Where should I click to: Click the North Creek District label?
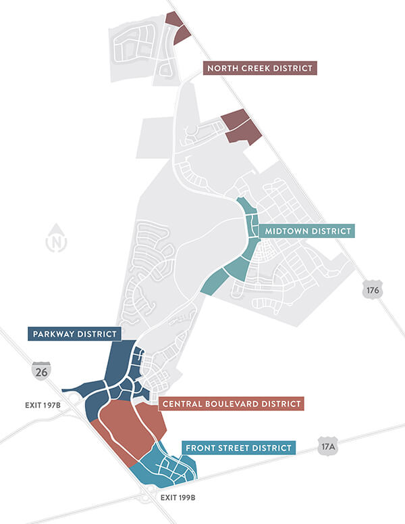click(x=260, y=68)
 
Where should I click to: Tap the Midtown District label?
click(x=307, y=231)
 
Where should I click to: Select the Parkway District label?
click(x=75, y=333)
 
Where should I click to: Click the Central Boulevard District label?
click(x=231, y=404)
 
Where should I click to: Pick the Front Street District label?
click(x=239, y=448)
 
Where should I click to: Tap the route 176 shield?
click(x=372, y=289)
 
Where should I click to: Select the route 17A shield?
click(x=327, y=446)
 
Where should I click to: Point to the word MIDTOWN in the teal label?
click(x=286, y=231)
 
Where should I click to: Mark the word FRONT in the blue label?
click(x=202, y=448)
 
